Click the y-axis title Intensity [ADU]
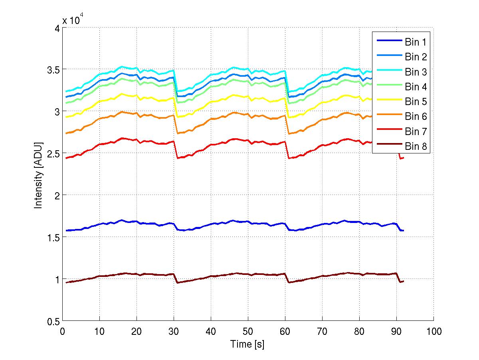coord(39,174)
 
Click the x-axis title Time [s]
coord(247,344)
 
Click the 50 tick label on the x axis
coord(248,331)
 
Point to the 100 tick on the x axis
coord(433,331)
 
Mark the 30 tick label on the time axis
coord(174,331)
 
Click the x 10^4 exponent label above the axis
coord(72,20)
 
